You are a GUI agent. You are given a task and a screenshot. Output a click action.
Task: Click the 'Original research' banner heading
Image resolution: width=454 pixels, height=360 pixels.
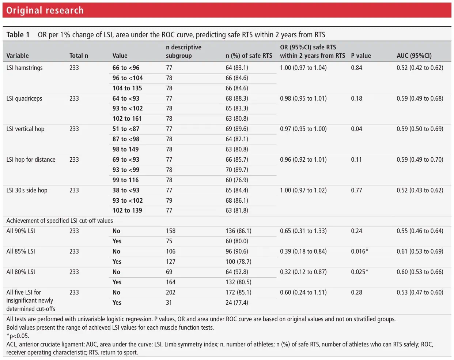click(45, 10)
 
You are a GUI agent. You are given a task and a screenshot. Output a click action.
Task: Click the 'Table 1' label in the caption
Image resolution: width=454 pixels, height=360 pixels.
click(18, 35)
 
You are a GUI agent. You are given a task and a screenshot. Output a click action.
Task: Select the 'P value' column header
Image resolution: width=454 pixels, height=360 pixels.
click(361, 56)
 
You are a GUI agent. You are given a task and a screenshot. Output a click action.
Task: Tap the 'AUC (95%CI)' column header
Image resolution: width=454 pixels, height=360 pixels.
click(414, 56)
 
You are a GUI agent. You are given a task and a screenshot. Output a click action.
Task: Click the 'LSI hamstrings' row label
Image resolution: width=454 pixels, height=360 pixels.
click(24, 68)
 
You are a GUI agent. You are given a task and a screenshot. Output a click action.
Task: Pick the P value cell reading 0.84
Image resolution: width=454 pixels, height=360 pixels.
click(356, 68)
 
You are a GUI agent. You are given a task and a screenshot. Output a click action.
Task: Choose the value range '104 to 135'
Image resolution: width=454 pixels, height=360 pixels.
click(127, 88)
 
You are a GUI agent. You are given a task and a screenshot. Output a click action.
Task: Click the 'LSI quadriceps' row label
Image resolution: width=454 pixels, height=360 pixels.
click(24, 98)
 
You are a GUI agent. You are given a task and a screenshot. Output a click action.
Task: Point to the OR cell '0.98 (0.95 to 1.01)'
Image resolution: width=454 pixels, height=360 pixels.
click(303, 98)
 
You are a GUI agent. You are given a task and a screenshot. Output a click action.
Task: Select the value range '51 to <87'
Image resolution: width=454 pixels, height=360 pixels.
click(126, 129)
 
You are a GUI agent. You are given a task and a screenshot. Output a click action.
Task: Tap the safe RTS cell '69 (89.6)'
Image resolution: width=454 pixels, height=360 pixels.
click(237, 129)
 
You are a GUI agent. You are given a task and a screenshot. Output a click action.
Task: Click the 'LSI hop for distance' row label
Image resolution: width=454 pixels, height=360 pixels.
click(31, 160)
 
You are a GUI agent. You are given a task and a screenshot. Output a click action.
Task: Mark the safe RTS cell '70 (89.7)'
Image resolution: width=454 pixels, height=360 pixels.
click(237, 170)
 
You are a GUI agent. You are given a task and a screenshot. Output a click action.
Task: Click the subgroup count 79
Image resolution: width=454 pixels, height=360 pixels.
click(169, 200)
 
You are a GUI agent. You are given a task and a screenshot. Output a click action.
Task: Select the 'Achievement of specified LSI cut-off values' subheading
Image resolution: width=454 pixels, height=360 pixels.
click(60, 221)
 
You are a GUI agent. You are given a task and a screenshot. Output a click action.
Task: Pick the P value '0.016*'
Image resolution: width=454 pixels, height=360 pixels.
click(359, 251)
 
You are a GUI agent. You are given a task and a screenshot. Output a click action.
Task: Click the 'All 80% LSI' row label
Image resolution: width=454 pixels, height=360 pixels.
click(21, 272)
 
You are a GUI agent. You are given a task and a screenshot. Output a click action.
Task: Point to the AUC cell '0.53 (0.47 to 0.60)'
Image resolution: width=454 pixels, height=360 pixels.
click(420, 292)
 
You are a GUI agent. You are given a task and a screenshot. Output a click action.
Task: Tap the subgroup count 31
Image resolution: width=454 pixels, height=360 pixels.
click(169, 303)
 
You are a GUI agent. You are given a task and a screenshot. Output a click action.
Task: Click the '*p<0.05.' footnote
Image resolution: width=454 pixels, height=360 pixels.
click(18, 336)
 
